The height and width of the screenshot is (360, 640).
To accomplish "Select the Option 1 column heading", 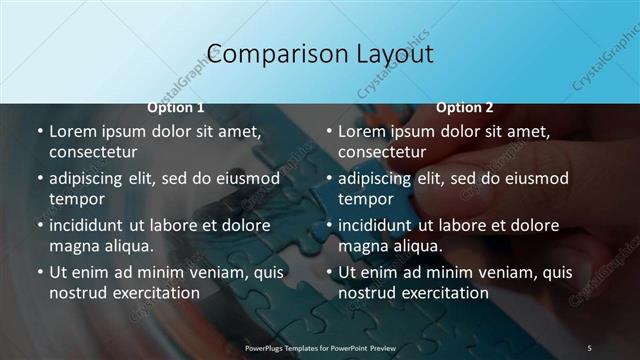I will [176, 107].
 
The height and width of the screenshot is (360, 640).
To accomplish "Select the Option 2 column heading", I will [465, 107].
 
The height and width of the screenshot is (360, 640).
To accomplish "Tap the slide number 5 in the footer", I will [589, 347].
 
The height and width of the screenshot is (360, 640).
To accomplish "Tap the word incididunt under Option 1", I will [90, 224].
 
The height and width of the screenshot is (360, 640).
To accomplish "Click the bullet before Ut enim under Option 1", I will [39, 272].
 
